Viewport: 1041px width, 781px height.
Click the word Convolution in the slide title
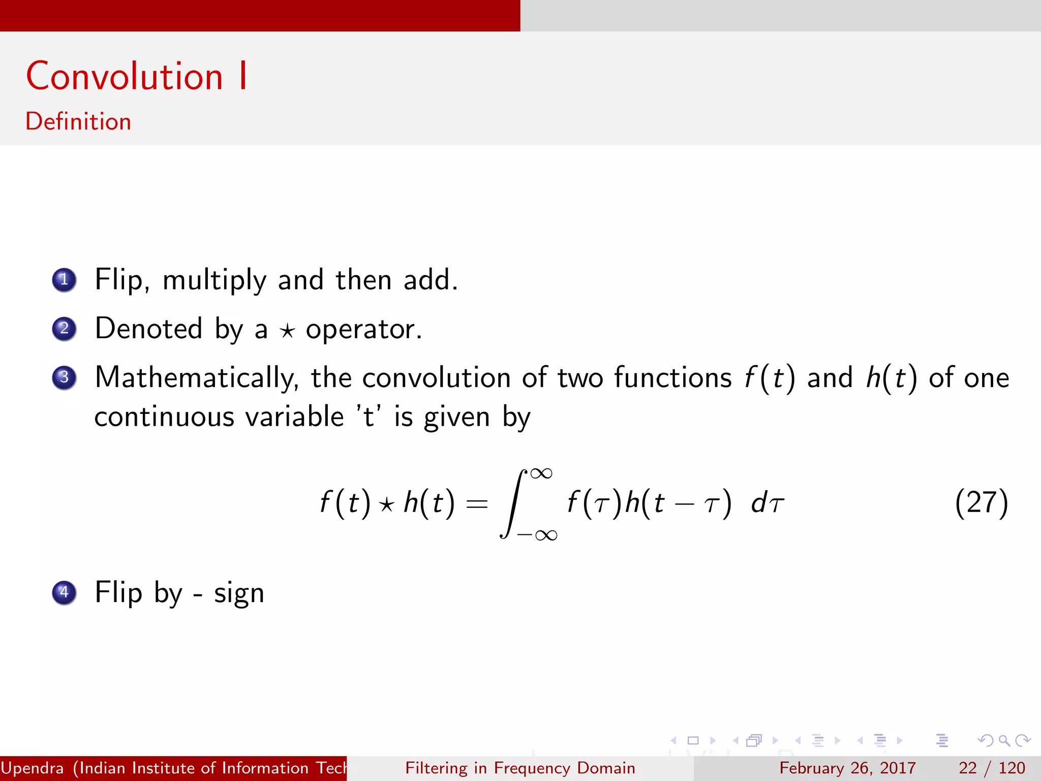pyautogui.click(x=125, y=76)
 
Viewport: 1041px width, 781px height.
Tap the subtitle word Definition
pyautogui.click(x=78, y=122)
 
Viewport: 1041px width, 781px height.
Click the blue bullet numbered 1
pyautogui.click(x=64, y=280)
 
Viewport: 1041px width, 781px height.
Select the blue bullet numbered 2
pyautogui.click(x=64, y=328)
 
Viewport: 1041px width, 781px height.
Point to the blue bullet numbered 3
pyautogui.click(x=64, y=378)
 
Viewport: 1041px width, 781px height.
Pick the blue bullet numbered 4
pyautogui.click(x=64, y=592)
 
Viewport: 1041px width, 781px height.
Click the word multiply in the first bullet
pyautogui.click(x=214, y=281)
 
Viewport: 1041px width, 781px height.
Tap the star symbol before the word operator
pyautogui.click(x=287, y=331)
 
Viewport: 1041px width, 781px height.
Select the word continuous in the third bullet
pyautogui.click(x=164, y=417)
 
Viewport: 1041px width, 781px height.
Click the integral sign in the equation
pyautogui.click(x=513, y=503)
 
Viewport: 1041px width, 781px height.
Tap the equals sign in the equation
pyautogui.click(x=477, y=504)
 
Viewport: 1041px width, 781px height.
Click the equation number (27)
pyautogui.click(x=981, y=503)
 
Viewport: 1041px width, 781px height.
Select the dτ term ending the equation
pyautogui.click(x=768, y=503)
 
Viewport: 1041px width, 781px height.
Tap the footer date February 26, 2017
pyautogui.click(x=847, y=768)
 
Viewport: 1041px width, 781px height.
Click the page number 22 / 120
pyautogui.click(x=992, y=768)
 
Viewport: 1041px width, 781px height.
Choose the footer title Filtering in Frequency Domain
pyautogui.click(x=520, y=768)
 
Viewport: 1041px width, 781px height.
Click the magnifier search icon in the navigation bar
pyautogui.click(x=1004, y=740)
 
